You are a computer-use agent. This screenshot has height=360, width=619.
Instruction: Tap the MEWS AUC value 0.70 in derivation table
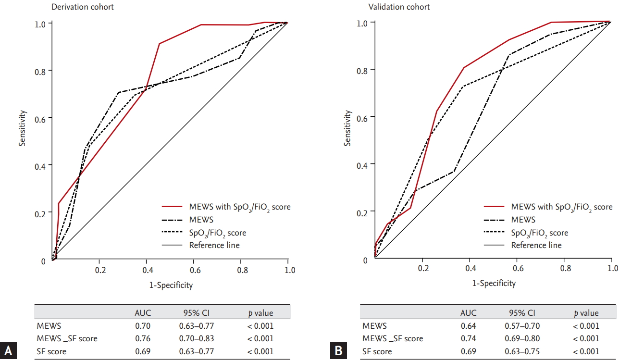(x=142, y=325)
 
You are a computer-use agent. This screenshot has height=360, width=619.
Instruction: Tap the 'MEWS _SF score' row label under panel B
(x=393, y=338)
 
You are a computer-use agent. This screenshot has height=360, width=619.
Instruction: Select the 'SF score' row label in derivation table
(x=51, y=351)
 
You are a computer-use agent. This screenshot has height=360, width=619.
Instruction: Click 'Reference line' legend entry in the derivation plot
(x=214, y=245)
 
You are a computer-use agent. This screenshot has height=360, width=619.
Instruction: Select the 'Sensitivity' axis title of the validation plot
(x=347, y=129)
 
